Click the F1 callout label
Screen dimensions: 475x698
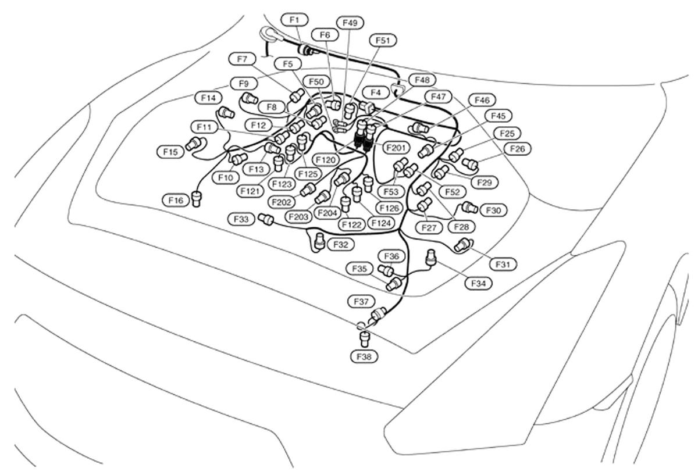pyautogui.click(x=294, y=20)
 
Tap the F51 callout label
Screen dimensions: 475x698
pyautogui.click(x=383, y=40)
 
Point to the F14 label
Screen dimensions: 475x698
pyautogui.click(x=208, y=98)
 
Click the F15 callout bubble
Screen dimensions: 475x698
pyautogui.click(x=170, y=152)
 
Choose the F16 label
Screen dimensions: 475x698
pyautogui.click(x=176, y=200)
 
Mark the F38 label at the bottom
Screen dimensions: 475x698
pyautogui.click(x=364, y=356)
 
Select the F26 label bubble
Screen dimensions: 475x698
pyautogui.click(x=517, y=149)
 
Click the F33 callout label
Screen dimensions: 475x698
pyautogui.click(x=241, y=219)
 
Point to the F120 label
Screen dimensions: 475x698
pyautogui.click(x=326, y=159)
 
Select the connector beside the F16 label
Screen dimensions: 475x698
pyautogui.click(x=200, y=199)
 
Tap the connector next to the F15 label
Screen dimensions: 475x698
pyautogui.click(x=194, y=143)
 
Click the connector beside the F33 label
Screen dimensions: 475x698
pyautogui.click(x=266, y=219)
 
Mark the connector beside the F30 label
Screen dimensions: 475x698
pyautogui.click(x=469, y=208)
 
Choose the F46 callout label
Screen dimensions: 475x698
pyautogui.click(x=482, y=100)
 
